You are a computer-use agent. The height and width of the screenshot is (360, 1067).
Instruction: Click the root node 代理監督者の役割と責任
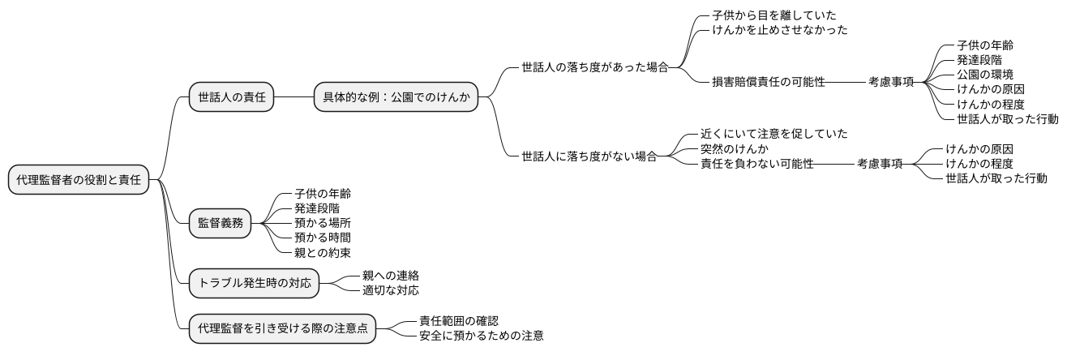tap(79, 180)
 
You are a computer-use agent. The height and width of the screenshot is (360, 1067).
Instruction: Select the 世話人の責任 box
tap(230, 97)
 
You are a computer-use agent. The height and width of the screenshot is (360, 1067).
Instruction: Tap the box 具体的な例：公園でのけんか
tap(396, 97)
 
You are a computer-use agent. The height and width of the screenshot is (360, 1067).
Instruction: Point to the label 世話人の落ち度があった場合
tap(595, 67)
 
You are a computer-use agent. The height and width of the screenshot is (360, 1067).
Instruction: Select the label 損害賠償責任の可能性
tap(769, 82)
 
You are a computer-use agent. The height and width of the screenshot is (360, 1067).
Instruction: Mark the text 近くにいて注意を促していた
tap(774, 134)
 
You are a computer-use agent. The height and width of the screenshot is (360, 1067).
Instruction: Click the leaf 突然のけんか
tap(735, 149)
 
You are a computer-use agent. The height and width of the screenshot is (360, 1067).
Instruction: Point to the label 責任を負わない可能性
tap(757, 164)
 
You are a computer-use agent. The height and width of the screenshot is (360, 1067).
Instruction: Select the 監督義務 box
tap(220, 223)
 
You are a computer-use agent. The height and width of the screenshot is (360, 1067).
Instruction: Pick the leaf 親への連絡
tap(391, 276)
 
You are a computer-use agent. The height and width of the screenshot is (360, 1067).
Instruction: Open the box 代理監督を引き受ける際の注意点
tap(282, 328)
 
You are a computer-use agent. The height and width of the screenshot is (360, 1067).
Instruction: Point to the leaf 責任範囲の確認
tap(453, 320)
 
